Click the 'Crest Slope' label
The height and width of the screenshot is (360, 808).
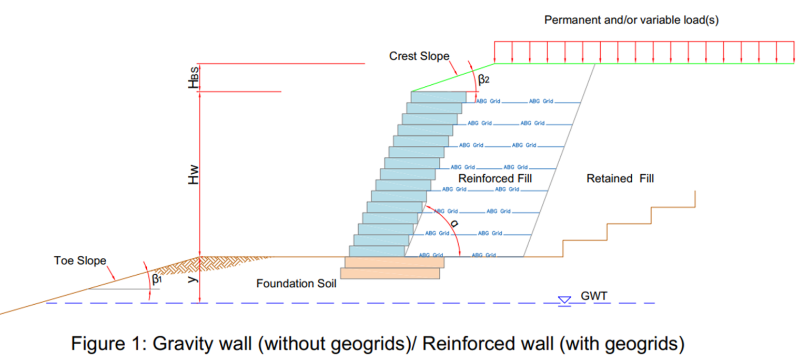pyautogui.click(x=419, y=56)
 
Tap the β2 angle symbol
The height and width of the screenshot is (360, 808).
pyautogui.click(x=484, y=80)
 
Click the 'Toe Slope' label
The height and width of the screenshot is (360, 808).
pyautogui.click(x=79, y=261)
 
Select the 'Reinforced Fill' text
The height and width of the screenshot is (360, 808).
pyautogui.click(x=495, y=178)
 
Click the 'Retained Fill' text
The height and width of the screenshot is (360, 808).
pyautogui.click(x=620, y=179)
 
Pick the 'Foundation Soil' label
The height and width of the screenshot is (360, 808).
pyautogui.click(x=296, y=284)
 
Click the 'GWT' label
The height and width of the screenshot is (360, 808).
pyautogui.click(x=594, y=296)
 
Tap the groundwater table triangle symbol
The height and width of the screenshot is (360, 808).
pyautogui.click(x=564, y=300)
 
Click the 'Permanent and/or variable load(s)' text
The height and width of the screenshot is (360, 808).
pyautogui.click(x=631, y=21)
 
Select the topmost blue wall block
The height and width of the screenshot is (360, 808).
pyautogui.click(x=438, y=97)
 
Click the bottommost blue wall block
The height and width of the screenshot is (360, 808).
pyautogui.click(x=377, y=252)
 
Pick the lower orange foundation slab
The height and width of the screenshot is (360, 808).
pyautogui.click(x=390, y=273)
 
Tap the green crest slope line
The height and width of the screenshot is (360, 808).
pyautogui.click(x=452, y=77)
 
